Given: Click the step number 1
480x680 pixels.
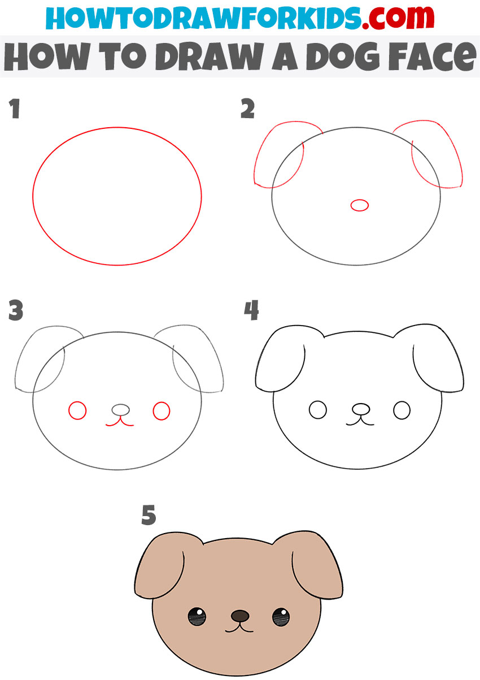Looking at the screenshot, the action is tap(15, 109).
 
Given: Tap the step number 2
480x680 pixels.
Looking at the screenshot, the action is tap(248, 109).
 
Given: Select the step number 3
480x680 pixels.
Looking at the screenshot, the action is tap(16, 310).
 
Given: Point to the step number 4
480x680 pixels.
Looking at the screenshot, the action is tap(251, 310).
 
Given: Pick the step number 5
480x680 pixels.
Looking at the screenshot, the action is tap(149, 515).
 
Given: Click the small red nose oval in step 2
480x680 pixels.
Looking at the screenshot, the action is tap(360, 206).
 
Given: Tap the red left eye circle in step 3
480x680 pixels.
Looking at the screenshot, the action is tap(77, 410).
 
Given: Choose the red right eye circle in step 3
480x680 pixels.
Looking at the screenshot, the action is tap(162, 411).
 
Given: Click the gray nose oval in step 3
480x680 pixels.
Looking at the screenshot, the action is tap(121, 409).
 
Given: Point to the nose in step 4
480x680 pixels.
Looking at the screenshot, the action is tap(361, 409).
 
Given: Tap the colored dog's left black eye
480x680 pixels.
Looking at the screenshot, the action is tap(197, 617).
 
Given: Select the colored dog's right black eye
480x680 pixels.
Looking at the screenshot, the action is tap(281, 617).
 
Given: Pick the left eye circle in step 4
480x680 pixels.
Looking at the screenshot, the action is tap(318, 410).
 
